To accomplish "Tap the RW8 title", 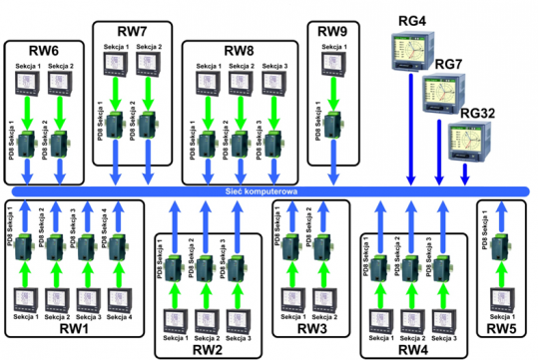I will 240,49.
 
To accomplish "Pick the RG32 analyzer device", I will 470,137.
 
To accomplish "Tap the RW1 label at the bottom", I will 70,327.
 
